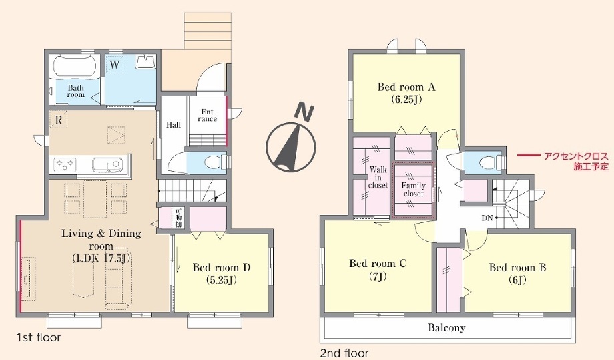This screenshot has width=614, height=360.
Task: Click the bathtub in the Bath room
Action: click(x=74, y=67)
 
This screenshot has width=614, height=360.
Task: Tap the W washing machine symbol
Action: click(x=115, y=64)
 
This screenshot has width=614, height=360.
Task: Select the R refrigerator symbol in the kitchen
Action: click(x=58, y=120)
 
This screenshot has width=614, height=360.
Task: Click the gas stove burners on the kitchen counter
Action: click(x=65, y=164)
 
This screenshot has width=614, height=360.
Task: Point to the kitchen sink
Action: click(x=107, y=164)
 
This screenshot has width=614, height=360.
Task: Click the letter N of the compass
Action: click(x=304, y=112)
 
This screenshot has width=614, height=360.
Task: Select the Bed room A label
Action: click(x=406, y=93)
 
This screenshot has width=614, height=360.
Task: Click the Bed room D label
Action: click(x=222, y=273)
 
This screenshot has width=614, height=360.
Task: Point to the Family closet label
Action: click(x=414, y=190)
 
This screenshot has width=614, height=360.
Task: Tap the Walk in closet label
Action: click(x=378, y=177)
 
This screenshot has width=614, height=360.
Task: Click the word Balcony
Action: click(x=446, y=327)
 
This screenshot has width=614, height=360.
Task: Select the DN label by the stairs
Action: click(x=487, y=218)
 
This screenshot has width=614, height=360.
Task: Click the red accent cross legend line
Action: click(x=529, y=156)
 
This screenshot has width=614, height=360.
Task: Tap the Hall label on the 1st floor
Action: click(x=174, y=125)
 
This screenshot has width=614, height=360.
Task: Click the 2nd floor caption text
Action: click(x=344, y=353)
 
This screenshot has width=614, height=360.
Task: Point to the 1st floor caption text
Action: click(x=39, y=337)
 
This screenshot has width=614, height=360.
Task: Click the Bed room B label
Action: click(x=517, y=273)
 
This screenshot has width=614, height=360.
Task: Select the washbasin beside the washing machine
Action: click(x=145, y=62)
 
